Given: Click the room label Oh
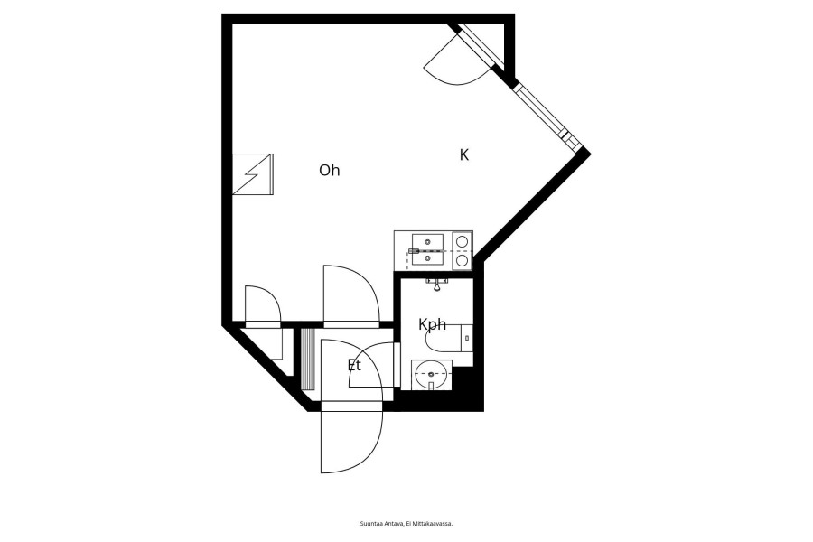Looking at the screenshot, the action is click(x=329, y=170).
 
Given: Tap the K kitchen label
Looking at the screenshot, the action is click(x=464, y=154).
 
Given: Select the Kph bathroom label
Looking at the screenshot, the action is click(x=432, y=324).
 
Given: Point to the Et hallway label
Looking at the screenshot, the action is click(x=354, y=365).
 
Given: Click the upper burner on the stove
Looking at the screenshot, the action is click(x=462, y=240).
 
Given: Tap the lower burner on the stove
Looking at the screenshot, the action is click(x=462, y=260).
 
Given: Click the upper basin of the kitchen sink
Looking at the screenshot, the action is click(x=428, y=242).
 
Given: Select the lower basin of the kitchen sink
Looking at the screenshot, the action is click(x=428, y=257).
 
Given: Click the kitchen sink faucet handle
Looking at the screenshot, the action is click(x=414, y=251).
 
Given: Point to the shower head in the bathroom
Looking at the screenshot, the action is click(x=437, y=284).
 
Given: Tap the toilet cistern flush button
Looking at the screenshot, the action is click(x=467, y=338).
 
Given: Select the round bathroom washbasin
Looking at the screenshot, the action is click(x=431, y=373).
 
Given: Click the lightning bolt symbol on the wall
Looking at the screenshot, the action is click(x=253, y=174).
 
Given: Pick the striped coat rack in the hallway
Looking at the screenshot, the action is click(x=308, y=359).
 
